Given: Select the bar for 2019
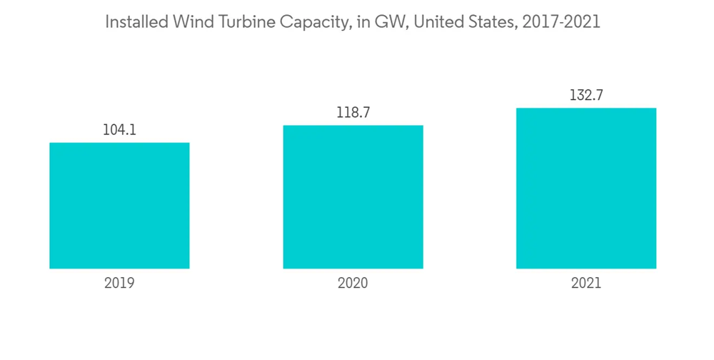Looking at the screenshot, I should pyautogui.click(x=119, y=206).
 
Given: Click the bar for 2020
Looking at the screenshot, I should pyautogui.click(x=353, y=197).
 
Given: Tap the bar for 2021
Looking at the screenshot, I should pyautogui.click(x=586, y=189).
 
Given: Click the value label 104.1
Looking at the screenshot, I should pyautogui.click(x=119, y=130).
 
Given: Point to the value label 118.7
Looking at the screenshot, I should pyautogui.click(x=353, y=113).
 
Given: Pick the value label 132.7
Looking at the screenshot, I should pyautogui.click(x=586, y=95).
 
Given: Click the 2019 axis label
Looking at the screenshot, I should pyautogui.click(x=119, y=283).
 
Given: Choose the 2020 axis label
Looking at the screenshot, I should pyautogui.click(x=353, y=283).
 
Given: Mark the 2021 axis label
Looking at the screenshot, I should pyautogui.click(x=586, y=283).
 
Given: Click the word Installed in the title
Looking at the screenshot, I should pyautogui.click(x=135, y=23).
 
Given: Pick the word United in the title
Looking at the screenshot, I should pyautogui.click(x=438, y=23).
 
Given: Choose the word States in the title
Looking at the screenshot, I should pyautogui.click(x=492, y=23).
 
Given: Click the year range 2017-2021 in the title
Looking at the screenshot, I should pyautogui.click(x=562, y=23).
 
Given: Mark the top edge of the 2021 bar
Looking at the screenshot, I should pyautogui.click(x=586, y=109).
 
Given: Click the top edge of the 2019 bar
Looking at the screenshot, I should pyautogui.click(x=119, y=143).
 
